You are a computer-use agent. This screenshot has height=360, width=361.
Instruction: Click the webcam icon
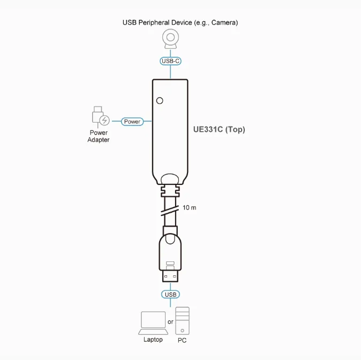(170, 39)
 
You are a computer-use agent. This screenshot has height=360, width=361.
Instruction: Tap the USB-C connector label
(170, 61)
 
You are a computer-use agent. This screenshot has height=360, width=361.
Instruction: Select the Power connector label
(132, 122)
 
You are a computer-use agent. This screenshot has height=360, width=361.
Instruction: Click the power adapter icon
(101, 117)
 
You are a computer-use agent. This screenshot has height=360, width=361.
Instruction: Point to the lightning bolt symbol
(105, 120)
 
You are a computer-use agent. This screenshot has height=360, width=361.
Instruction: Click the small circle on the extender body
(160, 101)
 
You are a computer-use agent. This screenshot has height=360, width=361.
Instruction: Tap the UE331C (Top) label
(219, 130)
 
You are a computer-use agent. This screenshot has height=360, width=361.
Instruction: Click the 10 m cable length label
(189, 208)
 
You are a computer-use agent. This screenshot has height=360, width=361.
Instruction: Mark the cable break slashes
(170, 210)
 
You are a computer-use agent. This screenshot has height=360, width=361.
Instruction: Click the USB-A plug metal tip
(170, 276)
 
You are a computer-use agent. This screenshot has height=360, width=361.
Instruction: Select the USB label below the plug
(170, 294)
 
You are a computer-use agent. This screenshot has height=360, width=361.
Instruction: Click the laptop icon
(153, 323)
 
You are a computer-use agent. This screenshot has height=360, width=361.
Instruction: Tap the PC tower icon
(182, 321)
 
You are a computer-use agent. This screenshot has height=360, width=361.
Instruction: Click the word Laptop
(153, 340)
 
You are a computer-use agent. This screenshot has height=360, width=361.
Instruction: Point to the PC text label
(182, 340)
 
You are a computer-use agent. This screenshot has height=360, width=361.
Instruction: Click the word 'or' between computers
(170, 322)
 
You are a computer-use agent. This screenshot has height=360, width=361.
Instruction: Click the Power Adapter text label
(99, 136)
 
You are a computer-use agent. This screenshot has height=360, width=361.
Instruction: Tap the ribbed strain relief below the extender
(170, 191)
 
